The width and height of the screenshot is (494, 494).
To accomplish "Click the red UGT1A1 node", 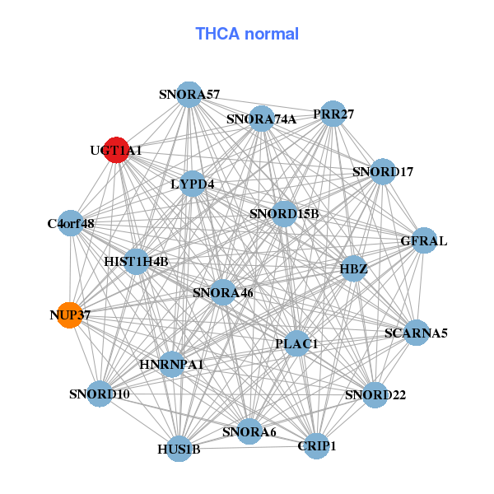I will coord(116,150).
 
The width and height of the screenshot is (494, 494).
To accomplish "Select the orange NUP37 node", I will coord(70,315).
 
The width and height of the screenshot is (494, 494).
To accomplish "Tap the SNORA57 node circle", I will coord(189,94).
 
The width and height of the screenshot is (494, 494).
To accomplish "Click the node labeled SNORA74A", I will coord(261,119).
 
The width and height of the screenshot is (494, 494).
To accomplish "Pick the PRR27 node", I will coord(333,114).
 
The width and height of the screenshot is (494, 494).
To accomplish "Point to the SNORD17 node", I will coord(383,171).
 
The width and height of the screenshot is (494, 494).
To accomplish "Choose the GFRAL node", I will coord(423,240).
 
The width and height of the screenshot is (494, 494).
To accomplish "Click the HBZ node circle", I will coord(353,268).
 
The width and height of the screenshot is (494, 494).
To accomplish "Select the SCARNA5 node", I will coord(416,333).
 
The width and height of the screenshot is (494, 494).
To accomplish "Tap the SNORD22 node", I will coord(375,394).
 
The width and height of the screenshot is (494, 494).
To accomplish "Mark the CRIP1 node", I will coord(316,445).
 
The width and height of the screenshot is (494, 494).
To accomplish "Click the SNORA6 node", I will coord(249,431).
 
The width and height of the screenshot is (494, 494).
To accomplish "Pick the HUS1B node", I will coord(179,449).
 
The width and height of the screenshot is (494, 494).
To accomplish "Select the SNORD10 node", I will coord(100,394).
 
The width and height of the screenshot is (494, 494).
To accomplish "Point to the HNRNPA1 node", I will coord(171,363).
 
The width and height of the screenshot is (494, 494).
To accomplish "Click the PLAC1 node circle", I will coord(296,343).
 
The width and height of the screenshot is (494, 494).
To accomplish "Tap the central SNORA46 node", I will coord(222,291).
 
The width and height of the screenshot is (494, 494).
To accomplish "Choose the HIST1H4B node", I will coord(137,261).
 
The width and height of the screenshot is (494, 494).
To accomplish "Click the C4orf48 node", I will coord(71,223).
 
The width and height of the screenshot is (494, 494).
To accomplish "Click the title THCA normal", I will coord(247,34).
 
